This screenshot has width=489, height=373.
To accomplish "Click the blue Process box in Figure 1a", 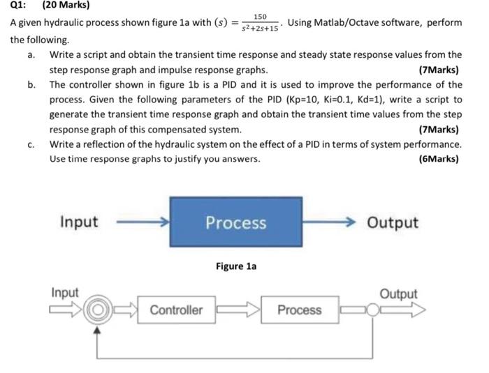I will [235, 222].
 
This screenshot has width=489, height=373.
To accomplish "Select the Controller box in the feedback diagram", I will [176, 310].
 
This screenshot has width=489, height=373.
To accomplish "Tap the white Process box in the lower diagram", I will [300, 310].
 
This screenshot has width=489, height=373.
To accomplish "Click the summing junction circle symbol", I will [98, 310].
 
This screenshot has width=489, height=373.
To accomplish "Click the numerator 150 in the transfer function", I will [260, 16].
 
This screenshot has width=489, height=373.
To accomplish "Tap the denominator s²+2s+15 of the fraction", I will [260, 29].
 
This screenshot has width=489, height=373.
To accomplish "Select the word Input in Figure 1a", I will [79, 222].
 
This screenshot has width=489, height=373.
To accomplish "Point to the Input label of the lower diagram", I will [64, 293].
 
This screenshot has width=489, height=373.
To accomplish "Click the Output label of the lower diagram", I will [398, 294].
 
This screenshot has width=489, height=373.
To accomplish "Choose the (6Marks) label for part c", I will [438, 158].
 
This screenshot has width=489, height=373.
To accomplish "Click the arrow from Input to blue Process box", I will [141, 222].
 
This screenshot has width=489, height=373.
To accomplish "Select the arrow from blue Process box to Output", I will [330, 222].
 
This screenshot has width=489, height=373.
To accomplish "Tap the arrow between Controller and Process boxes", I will [239, 310].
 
